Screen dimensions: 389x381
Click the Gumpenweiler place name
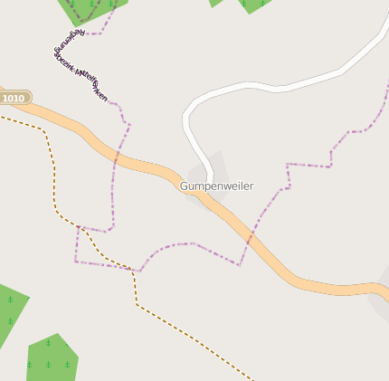point(217,186)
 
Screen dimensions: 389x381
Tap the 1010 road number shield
point(14,98)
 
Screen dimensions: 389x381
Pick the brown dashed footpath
point(181,330)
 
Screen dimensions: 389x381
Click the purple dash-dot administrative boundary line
point(190,243)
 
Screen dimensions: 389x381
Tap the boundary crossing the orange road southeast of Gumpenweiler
point(251,235)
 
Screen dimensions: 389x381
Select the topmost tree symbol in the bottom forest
point(48,344)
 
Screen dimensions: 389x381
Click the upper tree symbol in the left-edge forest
point(10,299)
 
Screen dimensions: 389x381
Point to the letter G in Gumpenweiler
point(184,186)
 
